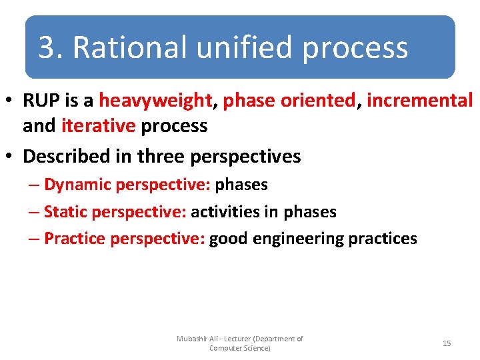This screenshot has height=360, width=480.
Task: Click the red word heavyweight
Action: (155, 101)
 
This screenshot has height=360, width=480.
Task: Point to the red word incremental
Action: (419, 101)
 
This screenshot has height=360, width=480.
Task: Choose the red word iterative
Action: (98, 125)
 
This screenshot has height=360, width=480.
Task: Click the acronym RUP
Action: (41, 101)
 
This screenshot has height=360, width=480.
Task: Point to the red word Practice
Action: (75, 239)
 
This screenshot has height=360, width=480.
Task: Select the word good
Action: (229, 239)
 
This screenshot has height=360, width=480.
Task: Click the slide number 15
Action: (447, 343)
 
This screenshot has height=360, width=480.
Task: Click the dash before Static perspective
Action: (33, 212)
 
